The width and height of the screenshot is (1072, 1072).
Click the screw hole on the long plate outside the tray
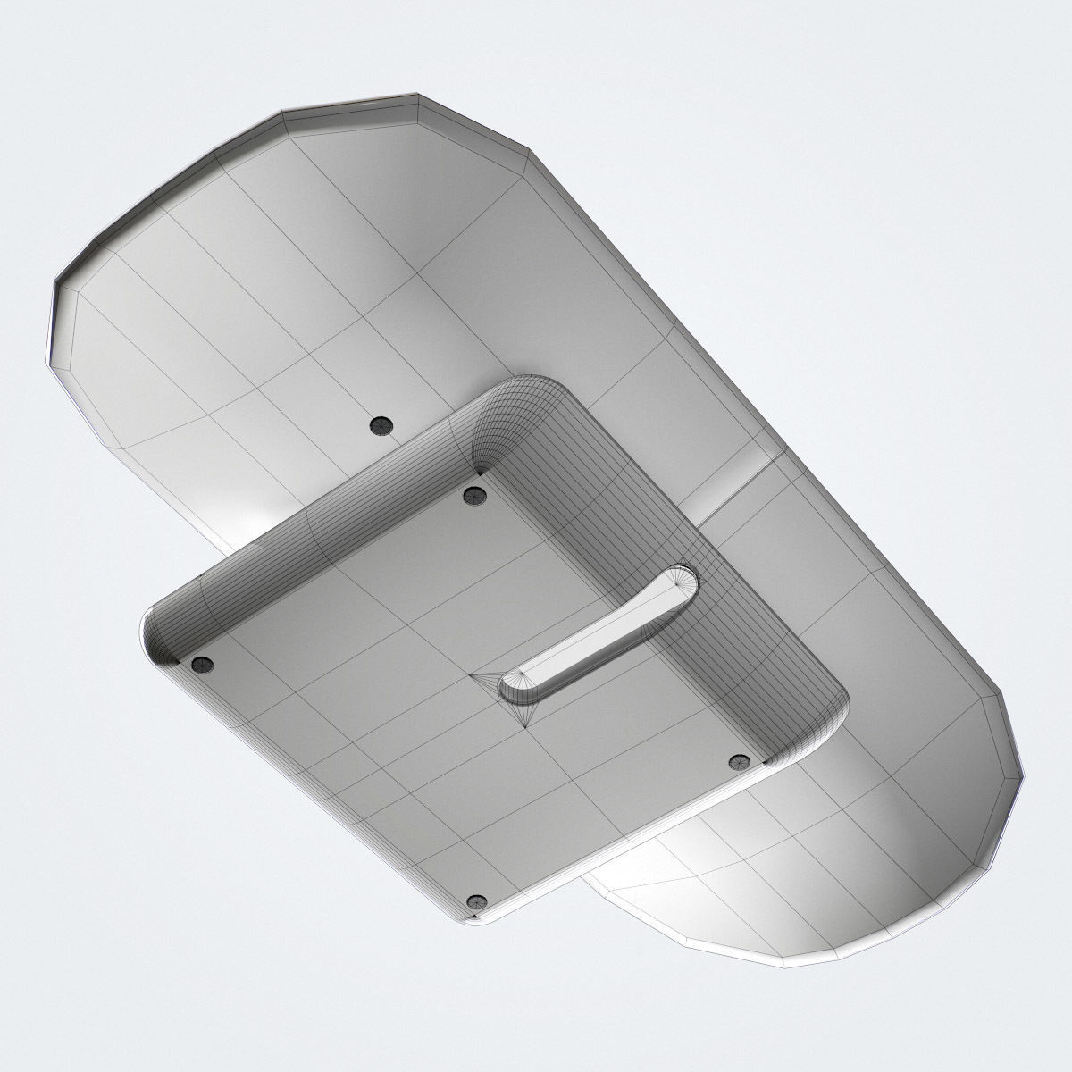click(x=381, y=425)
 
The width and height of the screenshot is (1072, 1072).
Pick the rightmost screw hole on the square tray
click(x=738, y=761)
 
